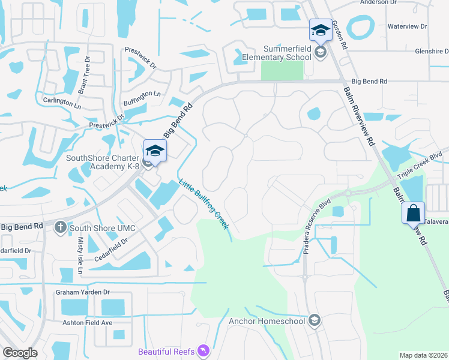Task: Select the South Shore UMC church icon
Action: pos(60,228)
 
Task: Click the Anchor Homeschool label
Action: pos(268,321)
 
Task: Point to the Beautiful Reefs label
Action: pos(166,351)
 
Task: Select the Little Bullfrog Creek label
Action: pos(203,205)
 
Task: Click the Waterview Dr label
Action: pos(406,26)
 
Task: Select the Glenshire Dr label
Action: pos(432,52)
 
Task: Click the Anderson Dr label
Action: pos(378,2)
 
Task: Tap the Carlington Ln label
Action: pos(61,102)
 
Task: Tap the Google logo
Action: pos(19,353)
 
